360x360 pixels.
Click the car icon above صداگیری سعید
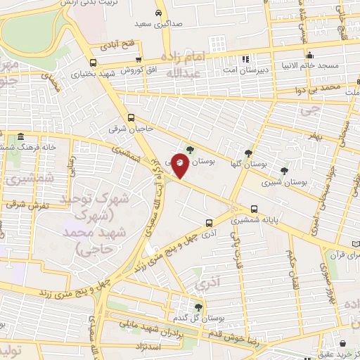(160, 13)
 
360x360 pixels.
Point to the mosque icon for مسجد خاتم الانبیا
(309, 56)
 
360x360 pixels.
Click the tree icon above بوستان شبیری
(284, 171)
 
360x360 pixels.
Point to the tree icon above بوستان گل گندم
(198, 307)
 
